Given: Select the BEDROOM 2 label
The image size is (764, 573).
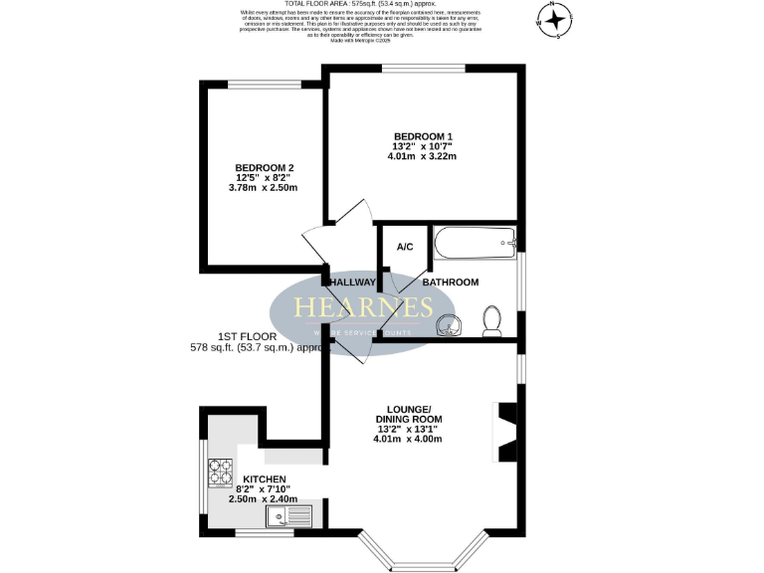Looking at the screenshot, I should [x=264, y=167].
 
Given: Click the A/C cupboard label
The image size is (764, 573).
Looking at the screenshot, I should [x=405, y=248].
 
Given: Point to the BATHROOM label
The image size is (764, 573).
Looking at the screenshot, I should [x=451, y=283].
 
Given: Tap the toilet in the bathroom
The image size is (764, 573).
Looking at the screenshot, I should [x=490, y=318].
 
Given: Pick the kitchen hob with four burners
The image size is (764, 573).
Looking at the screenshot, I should [x=219, y=470].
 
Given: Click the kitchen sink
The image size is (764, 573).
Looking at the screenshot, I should [x=288, y=515].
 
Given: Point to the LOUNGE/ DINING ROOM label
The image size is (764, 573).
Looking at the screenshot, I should [x=408, y=415].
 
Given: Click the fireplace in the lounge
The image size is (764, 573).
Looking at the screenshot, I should [x=506, y=431].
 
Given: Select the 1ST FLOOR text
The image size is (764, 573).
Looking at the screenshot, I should [x=249, y=336].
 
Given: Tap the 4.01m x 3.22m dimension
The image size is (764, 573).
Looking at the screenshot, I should [x=423, y=156].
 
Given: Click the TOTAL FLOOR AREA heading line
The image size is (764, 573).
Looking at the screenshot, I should [x=359, y=4].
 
